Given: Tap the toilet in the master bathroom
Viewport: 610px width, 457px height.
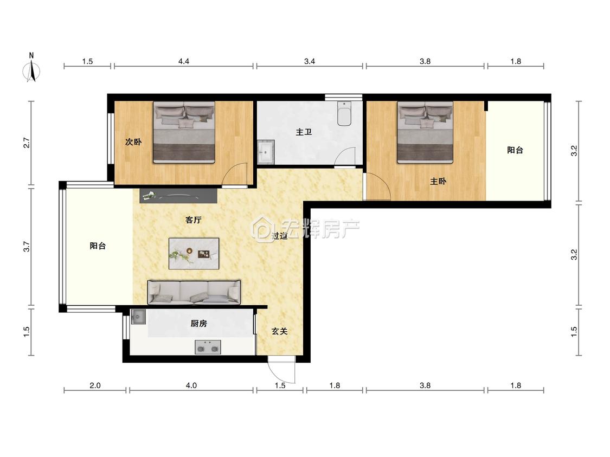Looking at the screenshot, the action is (344, 113).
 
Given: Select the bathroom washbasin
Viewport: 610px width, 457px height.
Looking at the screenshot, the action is (266, 152).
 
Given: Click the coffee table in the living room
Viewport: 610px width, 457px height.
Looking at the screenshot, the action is (194, 254).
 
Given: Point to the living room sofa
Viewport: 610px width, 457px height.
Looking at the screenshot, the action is (194, 292).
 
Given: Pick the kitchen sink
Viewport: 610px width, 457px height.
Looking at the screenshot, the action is (138, 317).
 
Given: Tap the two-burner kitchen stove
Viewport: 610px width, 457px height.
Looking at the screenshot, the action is (208, 347).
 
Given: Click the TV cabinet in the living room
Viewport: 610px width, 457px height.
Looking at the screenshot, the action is (178, 195).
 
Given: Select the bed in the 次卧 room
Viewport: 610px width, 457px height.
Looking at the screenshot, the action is (184, 132).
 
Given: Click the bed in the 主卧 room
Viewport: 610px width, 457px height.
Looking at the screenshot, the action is (425, 132).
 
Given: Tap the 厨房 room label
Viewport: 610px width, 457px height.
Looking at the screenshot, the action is (199, 323).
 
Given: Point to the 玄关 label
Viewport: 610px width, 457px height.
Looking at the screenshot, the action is (279, 331).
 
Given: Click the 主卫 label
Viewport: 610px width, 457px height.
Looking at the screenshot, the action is (304, 132).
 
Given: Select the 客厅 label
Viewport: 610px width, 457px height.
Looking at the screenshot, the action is (194, 220).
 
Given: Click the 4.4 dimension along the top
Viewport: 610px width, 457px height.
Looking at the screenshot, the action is (184, 61).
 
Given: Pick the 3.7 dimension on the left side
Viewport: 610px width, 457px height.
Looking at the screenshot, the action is (27, 247).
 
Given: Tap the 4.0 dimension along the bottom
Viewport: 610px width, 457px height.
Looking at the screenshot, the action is (191, 385).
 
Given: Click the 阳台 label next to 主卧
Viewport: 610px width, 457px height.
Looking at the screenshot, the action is (515, 150).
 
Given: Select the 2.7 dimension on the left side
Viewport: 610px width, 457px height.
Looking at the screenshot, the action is (27, 143).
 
